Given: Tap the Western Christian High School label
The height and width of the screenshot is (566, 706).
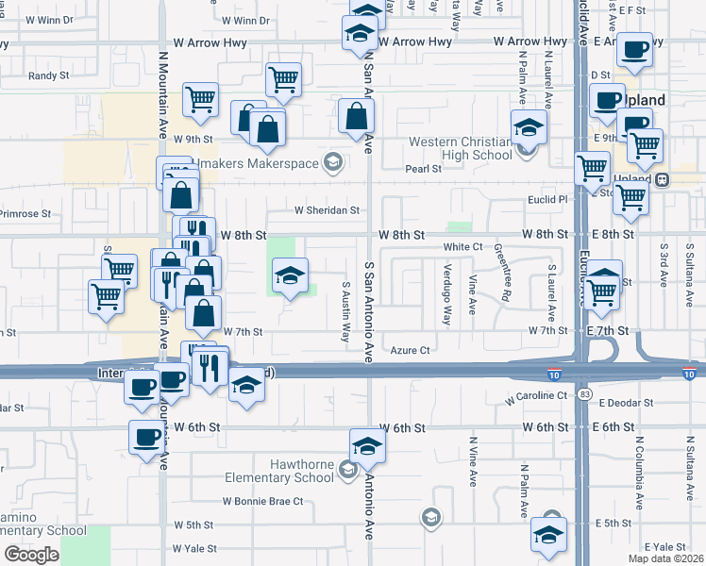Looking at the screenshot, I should pos(461,149).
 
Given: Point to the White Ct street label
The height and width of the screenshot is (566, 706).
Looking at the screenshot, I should pos(463,246).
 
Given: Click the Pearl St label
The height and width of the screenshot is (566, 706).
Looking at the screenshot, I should pos(423,169).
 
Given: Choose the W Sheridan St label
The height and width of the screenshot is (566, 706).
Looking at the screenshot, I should pos(327,210).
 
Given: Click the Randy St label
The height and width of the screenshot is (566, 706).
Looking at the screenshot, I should pos(49,75).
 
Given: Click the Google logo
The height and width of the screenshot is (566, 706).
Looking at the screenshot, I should pos(31,555).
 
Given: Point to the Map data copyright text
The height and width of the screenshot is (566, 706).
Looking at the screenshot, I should pos(665,558).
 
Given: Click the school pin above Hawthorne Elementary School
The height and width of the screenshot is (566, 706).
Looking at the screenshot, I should pos(367,446).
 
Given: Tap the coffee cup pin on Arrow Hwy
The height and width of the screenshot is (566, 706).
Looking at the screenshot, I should pos(635,48).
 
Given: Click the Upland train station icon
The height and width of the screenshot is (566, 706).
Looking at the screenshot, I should pos(664,179).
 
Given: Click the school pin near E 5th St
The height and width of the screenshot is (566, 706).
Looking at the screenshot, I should pos(548,535).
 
